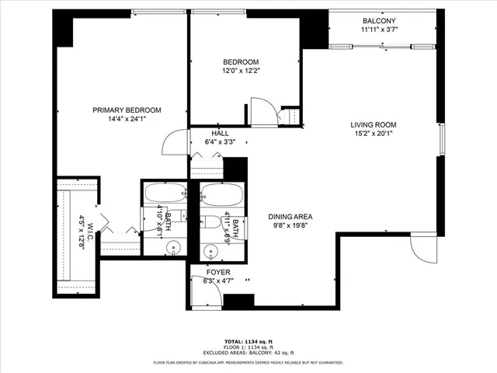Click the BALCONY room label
click(x=378, y=21)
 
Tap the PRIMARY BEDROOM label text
click(x=127, y=110)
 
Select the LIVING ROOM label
click(x=374, y=124)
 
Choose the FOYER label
click(x=217, y=272)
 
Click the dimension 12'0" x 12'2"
click(x=241, y=71)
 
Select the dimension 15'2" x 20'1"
click(x=374, y=134)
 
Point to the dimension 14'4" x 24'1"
click(x=127, y=120)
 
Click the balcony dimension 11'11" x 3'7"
click(x=378, y=30)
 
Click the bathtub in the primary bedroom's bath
click(x=164, y=193)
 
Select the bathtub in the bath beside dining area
click(x=223, y=193)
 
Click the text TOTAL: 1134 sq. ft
click(x=248, y=341)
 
